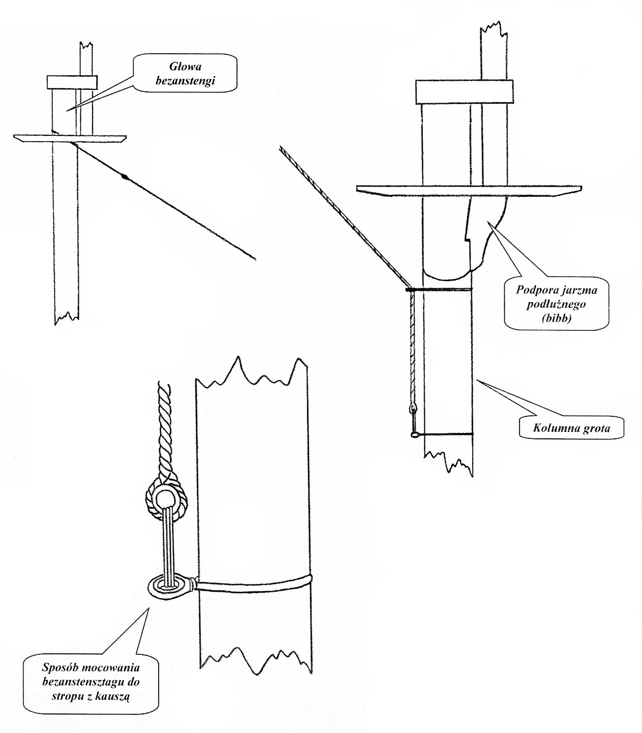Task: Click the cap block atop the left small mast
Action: click(x=72, y=82)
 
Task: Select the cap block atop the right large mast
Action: click(x=464, y=92)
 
